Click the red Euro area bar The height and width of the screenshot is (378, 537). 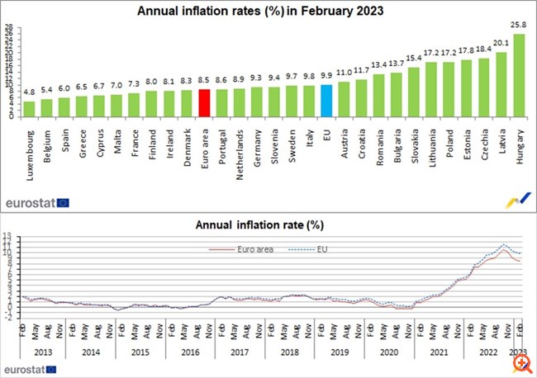pyautogui.click(x=204, y=103)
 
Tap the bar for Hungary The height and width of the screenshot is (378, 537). pyautogui.click(x=519, y=75)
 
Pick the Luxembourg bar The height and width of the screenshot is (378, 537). pyautogui.click(x=29, y=108)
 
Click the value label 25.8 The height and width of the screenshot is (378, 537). pyautogui.click(x=519, y=27)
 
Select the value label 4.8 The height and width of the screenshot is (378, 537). pyautogui.click(x=29, y=93)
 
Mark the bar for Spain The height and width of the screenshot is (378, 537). pyautogui.click(x=64, y=106)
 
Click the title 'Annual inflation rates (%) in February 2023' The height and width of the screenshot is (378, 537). pyautogui.click(x=268, y=11)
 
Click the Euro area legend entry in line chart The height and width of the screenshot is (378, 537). pyautogui.click(x=249, y=247)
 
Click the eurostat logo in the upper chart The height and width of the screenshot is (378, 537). pyautogui.click(x=38, y=201)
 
